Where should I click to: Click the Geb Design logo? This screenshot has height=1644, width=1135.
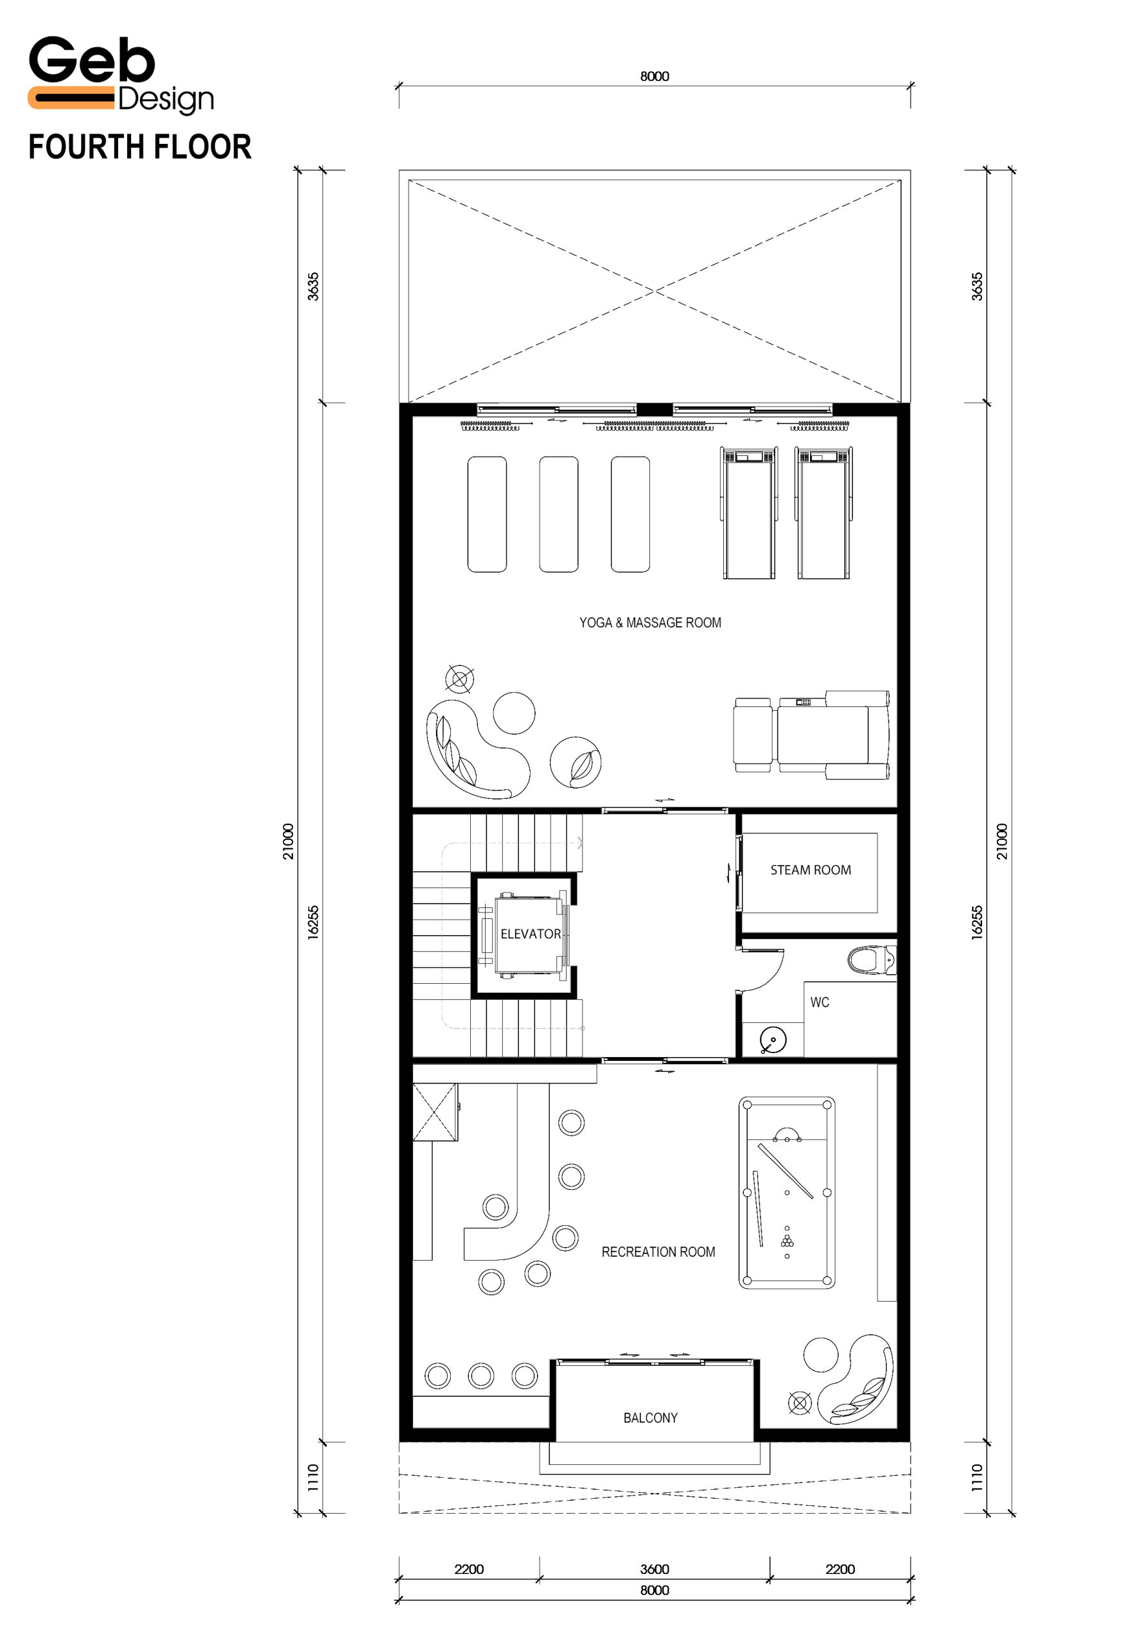coord(121,74)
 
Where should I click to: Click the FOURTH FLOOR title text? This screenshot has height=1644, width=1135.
coord(140,147)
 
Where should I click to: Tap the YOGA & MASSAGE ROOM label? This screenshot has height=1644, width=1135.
coord(650,623)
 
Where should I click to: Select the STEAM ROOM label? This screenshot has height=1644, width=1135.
coord(811,870)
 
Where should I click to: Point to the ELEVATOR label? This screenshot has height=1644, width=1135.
coord(531,934)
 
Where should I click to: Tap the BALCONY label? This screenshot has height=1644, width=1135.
coord(651,1418)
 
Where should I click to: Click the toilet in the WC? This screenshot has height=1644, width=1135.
coord(872,960)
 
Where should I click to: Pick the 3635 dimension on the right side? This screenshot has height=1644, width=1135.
coord(977,286)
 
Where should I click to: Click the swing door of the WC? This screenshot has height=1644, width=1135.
coord(762,969)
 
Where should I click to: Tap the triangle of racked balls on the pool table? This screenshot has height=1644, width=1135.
coord(787,1241)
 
